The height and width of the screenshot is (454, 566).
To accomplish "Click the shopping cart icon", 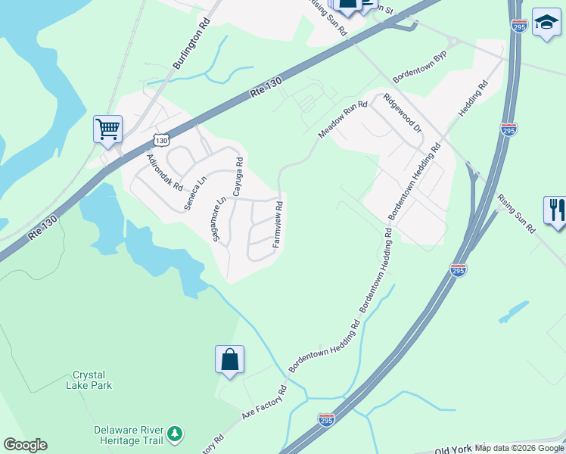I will (x=107, y=129).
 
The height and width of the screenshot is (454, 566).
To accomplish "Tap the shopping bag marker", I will (x=229, y=359).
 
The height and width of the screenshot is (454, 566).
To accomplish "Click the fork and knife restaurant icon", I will (x=555, y=210).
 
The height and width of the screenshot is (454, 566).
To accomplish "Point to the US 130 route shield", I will (x=160, y=139).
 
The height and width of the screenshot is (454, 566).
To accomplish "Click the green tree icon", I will (x=176, y=434).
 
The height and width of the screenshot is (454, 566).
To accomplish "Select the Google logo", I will (x=25, y=445).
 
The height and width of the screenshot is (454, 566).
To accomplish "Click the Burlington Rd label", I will (x=191, y=51).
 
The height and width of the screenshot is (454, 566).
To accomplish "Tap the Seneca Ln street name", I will (x=196, y=194).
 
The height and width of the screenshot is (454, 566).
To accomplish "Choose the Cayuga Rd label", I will (x=238, y=177).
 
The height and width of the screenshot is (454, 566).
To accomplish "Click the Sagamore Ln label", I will (x=221, y=221).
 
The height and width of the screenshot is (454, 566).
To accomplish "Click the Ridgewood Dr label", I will (x=403, y=113).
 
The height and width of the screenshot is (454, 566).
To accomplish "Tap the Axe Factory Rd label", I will (x=264, y=403).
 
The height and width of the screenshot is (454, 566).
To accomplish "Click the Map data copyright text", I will (x=518, y=448).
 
